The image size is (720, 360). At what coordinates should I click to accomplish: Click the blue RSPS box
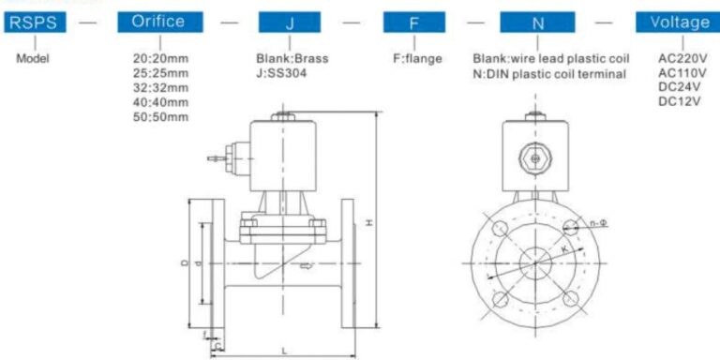click(x=36, y=22)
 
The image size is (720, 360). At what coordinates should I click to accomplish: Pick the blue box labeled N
click(x=537, y=22)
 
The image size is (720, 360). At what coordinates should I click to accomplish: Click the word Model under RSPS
click(x=36, y=57)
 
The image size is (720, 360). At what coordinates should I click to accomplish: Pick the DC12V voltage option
click(x=678, y=101)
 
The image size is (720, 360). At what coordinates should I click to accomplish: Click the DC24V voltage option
click(x=678, y=87)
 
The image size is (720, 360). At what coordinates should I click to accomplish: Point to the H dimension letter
click(x=369, y=223)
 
